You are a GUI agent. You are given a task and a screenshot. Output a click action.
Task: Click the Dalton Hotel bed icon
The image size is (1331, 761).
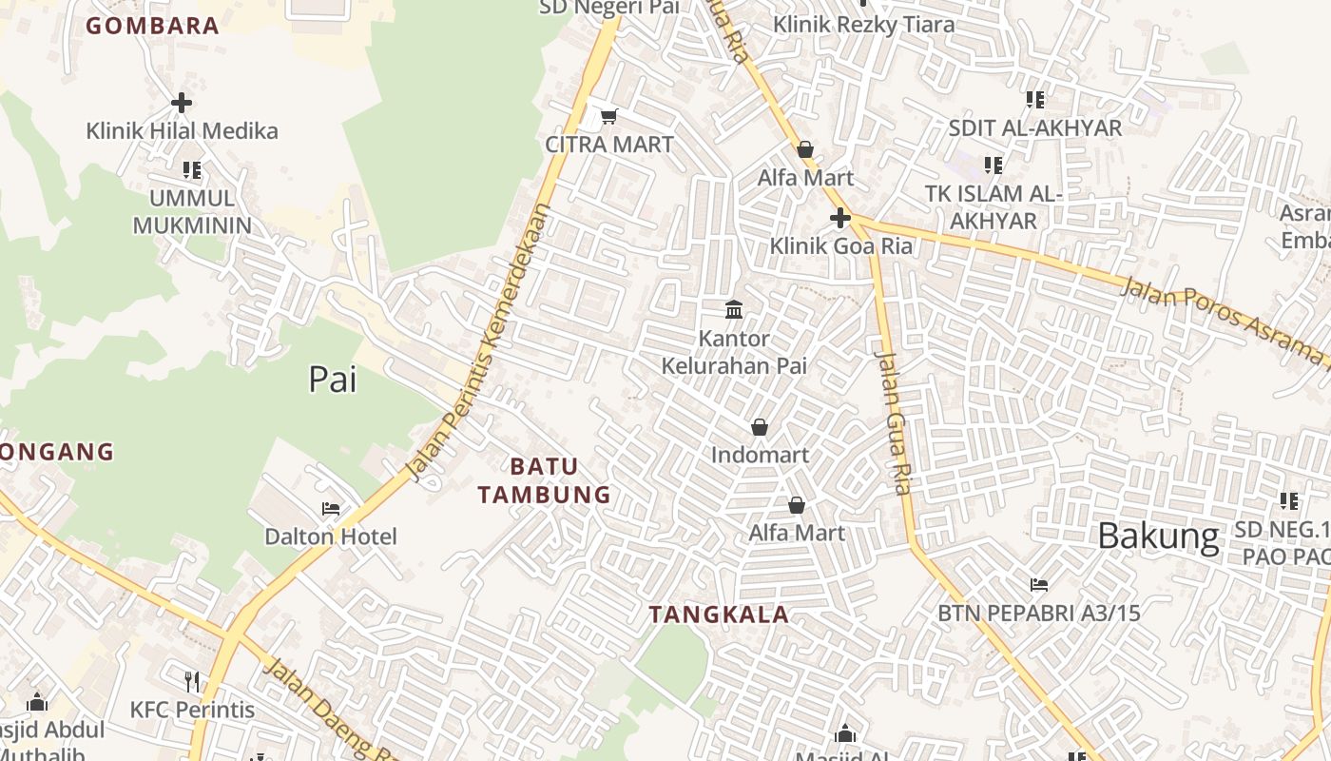(331, 509)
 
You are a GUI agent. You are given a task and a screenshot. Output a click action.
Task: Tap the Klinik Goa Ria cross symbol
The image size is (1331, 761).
(839, 219)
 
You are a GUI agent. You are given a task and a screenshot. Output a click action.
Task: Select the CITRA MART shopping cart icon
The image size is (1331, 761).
(608, 117)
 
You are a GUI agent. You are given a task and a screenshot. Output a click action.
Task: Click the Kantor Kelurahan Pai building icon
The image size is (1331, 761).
(734, 310)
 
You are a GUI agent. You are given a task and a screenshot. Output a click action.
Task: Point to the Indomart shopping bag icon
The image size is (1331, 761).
(760, 427)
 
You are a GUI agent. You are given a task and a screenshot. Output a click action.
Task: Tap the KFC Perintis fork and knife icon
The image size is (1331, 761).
(192, 681)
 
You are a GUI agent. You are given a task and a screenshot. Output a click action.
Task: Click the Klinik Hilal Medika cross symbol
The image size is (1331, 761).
(182, 103)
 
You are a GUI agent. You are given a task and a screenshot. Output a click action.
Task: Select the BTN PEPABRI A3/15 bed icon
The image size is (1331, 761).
(1038, 584)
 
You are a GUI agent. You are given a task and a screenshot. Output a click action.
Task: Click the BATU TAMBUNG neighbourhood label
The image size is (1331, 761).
(544, 480)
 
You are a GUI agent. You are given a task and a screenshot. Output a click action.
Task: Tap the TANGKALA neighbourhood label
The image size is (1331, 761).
(719, 615)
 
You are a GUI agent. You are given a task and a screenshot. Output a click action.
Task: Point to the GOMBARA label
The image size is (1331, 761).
(152, 26)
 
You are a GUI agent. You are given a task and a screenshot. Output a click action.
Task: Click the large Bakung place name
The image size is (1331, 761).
(1158, 537)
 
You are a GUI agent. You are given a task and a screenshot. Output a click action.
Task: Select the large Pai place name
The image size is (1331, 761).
(333, 380)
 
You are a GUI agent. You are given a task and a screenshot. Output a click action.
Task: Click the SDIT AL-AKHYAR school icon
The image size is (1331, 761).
(1034, 100)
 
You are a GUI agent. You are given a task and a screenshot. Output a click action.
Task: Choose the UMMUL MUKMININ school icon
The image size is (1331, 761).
(192, 170)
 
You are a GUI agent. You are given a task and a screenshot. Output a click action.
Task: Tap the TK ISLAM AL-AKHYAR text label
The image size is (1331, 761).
(993, 206)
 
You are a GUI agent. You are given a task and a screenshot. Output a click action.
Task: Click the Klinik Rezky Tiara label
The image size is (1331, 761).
(863, 25)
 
